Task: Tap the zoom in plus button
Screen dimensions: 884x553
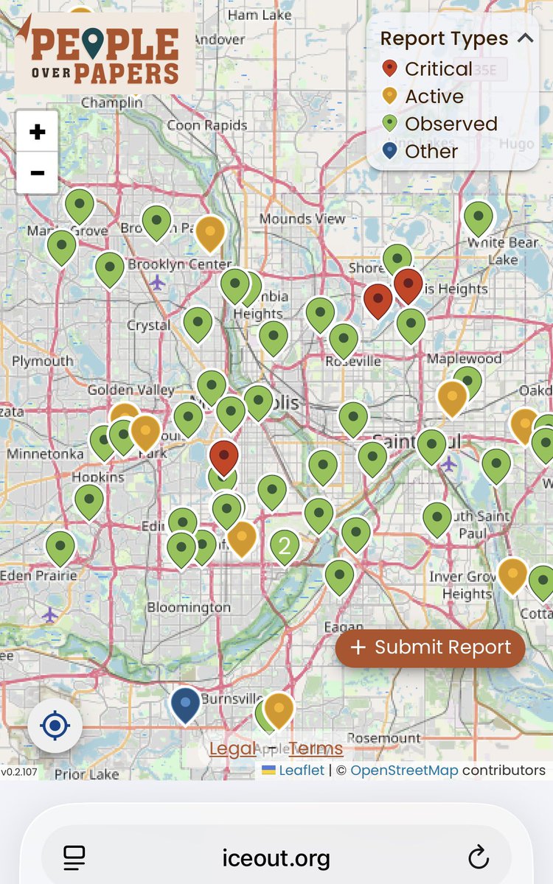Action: pyautogui.click(x=37, y=133)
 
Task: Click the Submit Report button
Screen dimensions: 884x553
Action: pyautogui.click(x=431, y=648)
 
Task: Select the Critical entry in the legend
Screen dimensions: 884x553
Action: pyautogui.click(x=438, y=69)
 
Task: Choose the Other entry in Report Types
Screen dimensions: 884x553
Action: pyautogui.click(x=431, y=152)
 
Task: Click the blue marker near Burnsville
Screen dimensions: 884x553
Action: pyautogui.click(x=185, y=704)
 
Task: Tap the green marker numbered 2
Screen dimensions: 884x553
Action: pyautogui.click(x=284, y=547)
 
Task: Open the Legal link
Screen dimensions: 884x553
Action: pyautogui.click(x=232, y=749)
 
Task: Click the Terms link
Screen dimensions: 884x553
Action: pyautogui.click(x=316, y=749)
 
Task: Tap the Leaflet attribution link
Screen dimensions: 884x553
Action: pyautogui.click(x=302, y=771)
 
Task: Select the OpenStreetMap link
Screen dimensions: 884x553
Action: pyautogui.click(x=404, y=771)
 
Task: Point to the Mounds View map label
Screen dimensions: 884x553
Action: pyautogui.click(x=302, y=219)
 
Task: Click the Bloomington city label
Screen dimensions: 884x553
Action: pyautogui.click(x=189, y=608)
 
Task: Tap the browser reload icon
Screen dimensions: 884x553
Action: pyautogui.click(x=479, y=857)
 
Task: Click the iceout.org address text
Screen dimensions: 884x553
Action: pyautogui.click(x=276, y=858)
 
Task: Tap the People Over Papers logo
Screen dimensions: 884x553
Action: pyautogui.click(x=104, y=53)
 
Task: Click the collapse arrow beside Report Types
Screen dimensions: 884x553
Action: pyautogui.click(x=525, y=38)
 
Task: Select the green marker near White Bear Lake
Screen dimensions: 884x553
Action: pyautogui.click(x=478, y=218)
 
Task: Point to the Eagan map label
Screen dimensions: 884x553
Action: pyautogui.click(x=344, y=627)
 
